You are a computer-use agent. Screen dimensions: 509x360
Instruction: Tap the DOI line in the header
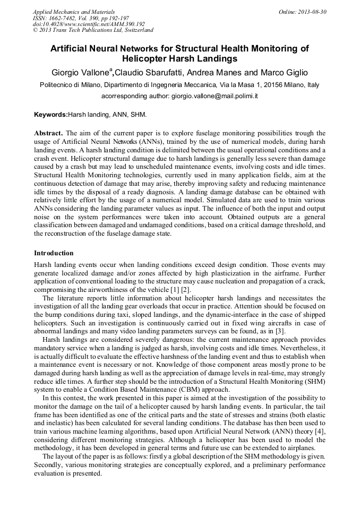point(89,24)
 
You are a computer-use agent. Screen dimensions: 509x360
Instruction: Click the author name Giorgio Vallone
point(79,73)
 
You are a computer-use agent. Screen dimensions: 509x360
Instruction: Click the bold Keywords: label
point(51,115)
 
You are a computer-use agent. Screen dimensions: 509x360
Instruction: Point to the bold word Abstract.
point(49,133)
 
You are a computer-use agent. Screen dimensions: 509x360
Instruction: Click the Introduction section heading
point(54,253)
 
